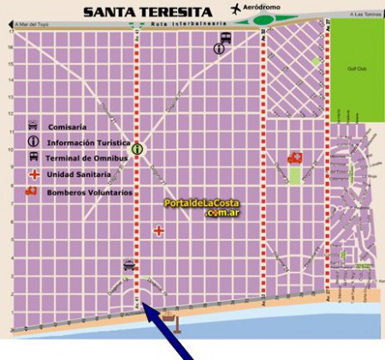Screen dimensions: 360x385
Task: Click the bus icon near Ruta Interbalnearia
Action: (x=225, y=38)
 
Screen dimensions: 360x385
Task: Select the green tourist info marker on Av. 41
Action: (x=137, y=149)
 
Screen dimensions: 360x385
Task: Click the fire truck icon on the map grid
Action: (x=297, y=157)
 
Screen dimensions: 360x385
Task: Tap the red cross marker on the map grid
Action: (x=158, y=230)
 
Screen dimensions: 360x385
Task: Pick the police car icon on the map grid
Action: (x=128, y=265)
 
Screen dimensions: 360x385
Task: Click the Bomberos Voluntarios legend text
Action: (x=90, y=192)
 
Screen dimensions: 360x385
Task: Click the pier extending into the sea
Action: (x=176, y=319)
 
